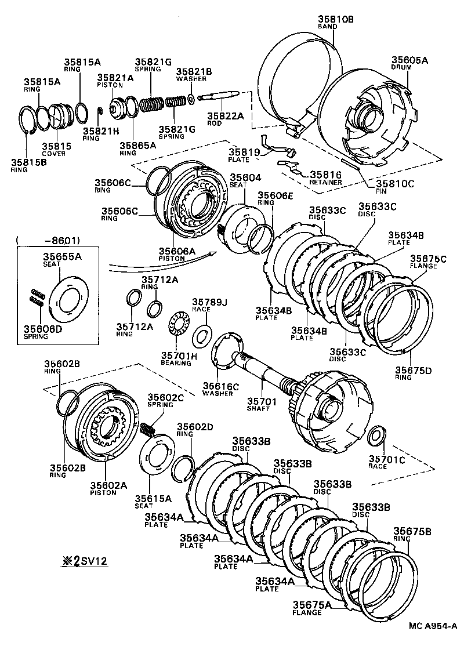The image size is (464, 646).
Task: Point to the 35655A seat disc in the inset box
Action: [65, 299]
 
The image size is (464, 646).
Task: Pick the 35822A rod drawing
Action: [217, 96]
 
